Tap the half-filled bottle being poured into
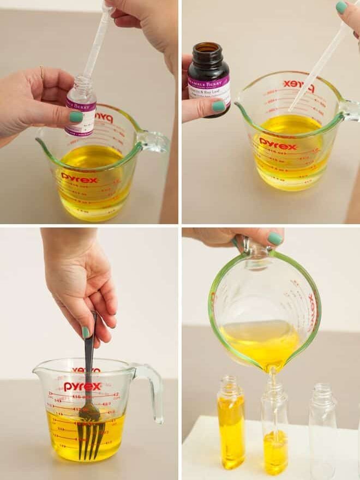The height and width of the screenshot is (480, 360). pos(274,431)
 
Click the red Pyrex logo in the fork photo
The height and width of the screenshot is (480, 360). pos(82,386)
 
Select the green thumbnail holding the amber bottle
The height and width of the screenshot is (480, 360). pos(219,106)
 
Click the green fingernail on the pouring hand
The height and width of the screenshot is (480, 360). pos(275,238)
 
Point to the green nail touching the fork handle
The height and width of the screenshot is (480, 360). pos(86,332)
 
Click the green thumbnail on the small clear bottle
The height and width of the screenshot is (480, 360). pos(76,116)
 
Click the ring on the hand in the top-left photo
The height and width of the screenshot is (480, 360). pos(42,71)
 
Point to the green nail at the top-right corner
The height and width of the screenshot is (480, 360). pos(341,7)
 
